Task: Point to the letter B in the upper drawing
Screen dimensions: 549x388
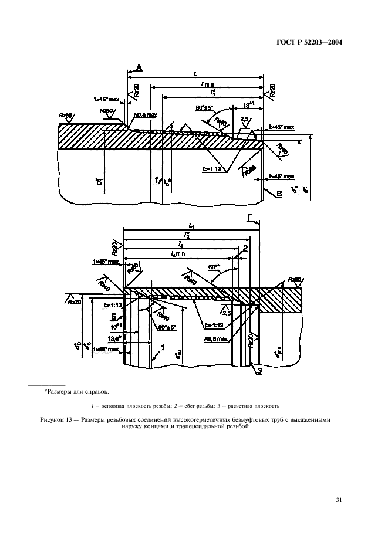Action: [x=279, y=192]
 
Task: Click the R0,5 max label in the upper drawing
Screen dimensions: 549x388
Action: [x=146, y=115]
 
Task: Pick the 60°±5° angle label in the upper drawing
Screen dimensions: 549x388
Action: [x=205, y=107]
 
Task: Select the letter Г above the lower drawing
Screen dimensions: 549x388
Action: [x=251, y=218]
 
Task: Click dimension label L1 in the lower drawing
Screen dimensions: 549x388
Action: [x=191, y=225]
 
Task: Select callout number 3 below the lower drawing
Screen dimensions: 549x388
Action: [x=254, y=371]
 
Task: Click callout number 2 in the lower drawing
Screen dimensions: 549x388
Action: [x=245, y=248]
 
